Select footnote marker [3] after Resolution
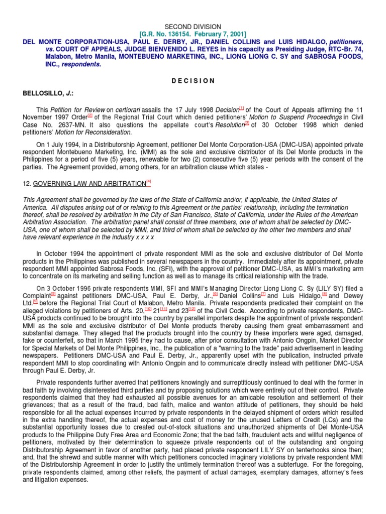click(x=247, y=123)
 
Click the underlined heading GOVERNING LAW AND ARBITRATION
click(x=89, y=184)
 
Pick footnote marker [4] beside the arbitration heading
click(x=148, y=182)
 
